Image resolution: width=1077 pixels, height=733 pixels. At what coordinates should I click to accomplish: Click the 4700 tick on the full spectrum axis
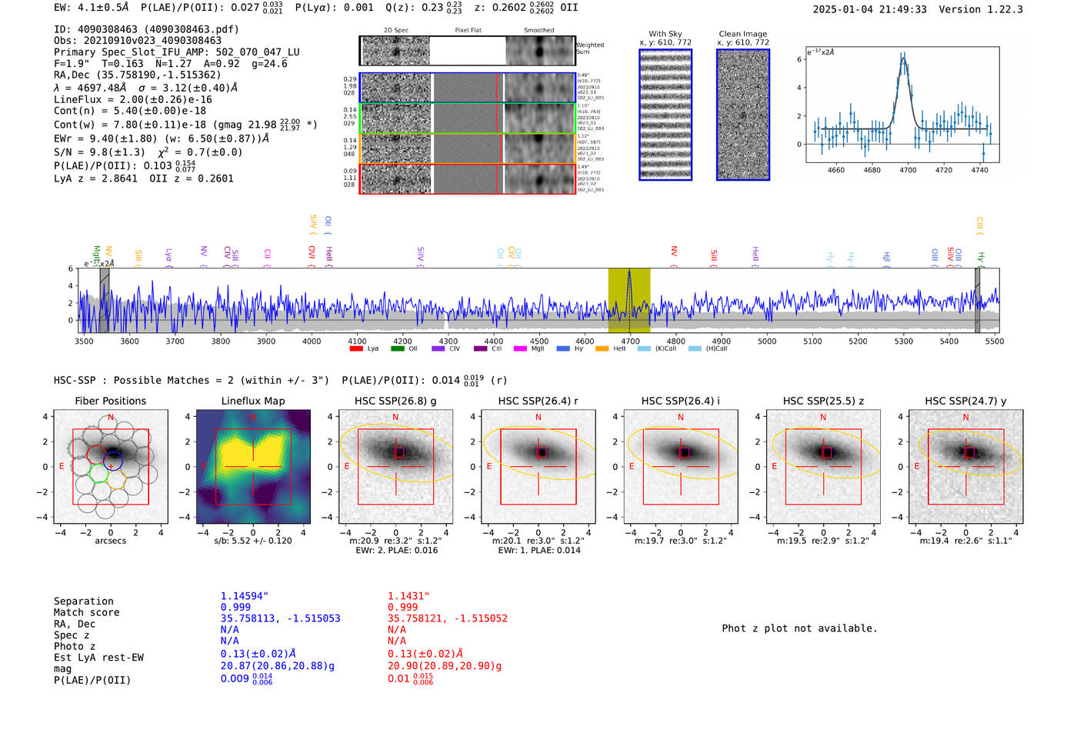630,341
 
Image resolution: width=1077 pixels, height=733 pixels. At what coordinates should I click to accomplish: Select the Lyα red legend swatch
356,349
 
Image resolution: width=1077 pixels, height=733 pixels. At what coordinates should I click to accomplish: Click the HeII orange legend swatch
602,349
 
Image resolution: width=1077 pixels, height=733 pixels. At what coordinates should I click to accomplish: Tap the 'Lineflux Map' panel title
252,401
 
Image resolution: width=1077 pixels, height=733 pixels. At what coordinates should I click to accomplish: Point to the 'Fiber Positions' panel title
110,401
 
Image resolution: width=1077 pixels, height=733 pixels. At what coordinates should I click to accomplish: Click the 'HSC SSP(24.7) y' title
965,401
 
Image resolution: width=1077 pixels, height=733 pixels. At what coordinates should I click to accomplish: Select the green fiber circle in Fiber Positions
98,471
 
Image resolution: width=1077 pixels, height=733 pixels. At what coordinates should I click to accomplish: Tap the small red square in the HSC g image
398,453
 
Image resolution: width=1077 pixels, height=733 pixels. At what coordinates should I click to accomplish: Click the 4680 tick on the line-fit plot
872,170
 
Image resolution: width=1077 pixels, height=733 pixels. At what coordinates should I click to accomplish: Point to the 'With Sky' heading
665,34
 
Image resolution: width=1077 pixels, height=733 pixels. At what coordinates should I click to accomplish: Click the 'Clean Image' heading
743,34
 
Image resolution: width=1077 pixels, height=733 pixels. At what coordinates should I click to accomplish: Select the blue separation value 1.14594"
245,596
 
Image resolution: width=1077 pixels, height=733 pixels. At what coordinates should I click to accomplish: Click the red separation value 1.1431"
408,596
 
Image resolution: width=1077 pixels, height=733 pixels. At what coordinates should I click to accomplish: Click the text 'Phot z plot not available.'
799,628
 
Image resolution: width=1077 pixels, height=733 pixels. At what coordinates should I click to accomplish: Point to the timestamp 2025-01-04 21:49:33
869,9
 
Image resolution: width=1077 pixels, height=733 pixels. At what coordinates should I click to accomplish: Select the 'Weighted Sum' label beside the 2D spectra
590,48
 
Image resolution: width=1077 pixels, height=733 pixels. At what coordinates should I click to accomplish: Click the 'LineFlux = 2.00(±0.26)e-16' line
133,99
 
